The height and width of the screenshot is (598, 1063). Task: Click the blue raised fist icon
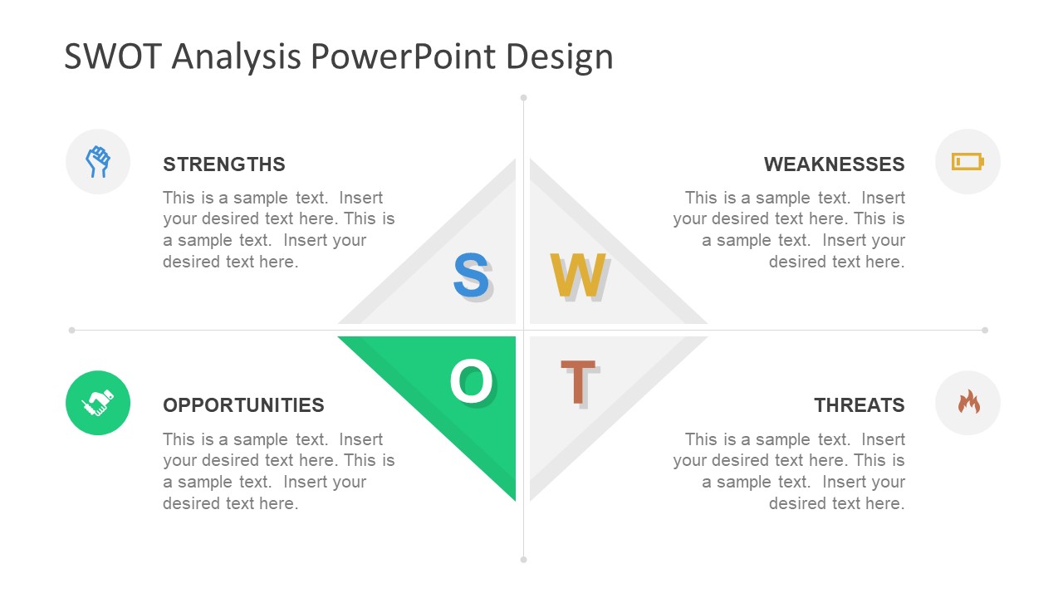[x=98, y=162]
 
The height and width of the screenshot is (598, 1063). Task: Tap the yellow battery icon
[x=967, y=161]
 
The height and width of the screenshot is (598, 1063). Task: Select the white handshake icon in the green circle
[x=98, y=403]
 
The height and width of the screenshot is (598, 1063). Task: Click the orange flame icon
[x=968, y=401]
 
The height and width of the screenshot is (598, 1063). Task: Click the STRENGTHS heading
[x=224, y=164]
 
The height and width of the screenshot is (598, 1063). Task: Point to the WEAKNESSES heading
[x=834, y=164]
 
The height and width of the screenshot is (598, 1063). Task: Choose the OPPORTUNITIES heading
[x=243, y=405]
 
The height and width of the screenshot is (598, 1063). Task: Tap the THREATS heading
[x=860, y=405]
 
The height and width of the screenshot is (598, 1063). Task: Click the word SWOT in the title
[x=113, y=56]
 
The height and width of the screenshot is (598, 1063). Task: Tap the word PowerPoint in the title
[x=404, y=56]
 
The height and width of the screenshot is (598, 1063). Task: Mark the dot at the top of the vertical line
[x=523, y=98]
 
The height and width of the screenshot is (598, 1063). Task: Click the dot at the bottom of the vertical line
[x=523, y=560]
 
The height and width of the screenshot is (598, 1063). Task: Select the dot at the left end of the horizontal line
[x=71, y=330]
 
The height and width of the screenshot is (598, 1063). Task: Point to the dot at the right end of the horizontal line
[x=985, y=330]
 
